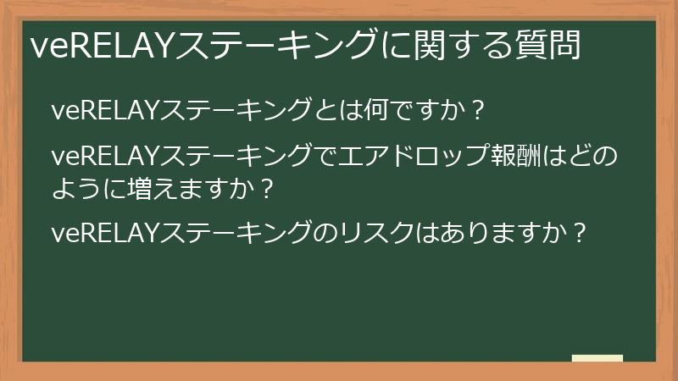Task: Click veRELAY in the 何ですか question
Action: tap(105, 110)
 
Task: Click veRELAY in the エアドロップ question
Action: tap(105, 157)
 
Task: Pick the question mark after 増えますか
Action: tap(268, 188)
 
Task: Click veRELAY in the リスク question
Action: tap(105, 233)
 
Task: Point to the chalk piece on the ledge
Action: tap(597, 358)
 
